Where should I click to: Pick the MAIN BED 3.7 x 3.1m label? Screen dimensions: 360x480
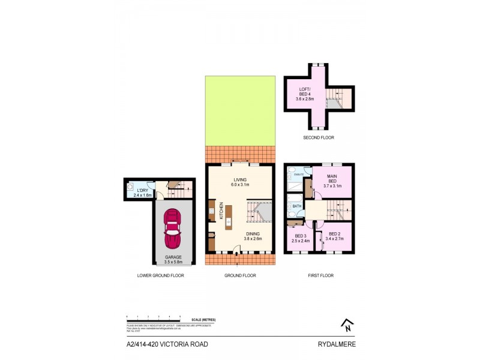pos(332,182)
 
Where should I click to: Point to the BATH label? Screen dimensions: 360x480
pos(296,207)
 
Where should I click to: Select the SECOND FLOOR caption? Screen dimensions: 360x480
pos(319,138)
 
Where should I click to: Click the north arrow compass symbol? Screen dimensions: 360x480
pos(346,325)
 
